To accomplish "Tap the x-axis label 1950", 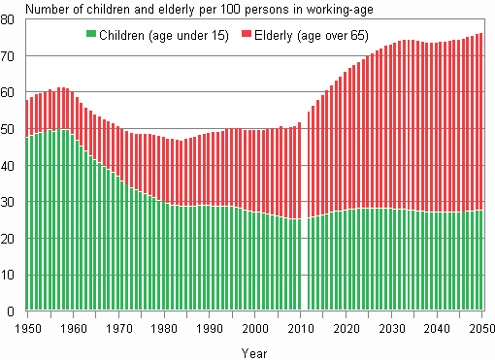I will point(28,329).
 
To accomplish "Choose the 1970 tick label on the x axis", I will point(119,329).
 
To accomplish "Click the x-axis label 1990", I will point(210,329).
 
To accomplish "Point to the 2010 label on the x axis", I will point(301,329).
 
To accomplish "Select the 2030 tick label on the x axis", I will point(391,329).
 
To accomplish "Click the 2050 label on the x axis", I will point(479,329).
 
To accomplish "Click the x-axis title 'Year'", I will point(253,351).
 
